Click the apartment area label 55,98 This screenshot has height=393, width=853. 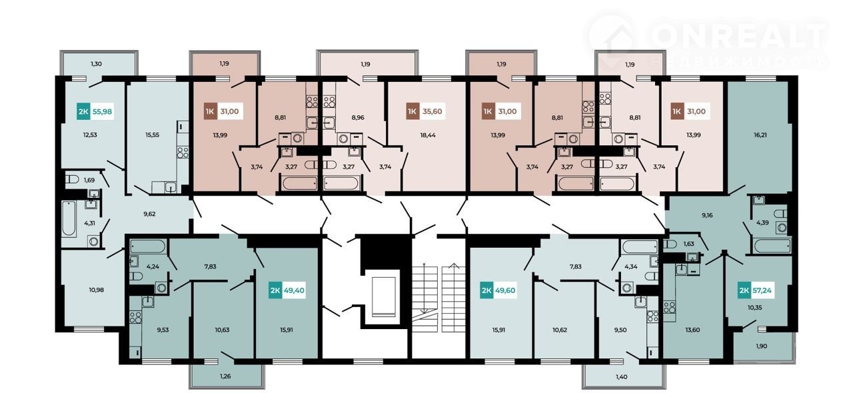click(102, 112)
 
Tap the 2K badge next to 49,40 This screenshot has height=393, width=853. click(275, 290)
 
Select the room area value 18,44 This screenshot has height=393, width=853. click(428, 135)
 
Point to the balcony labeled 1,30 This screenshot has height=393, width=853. click(99, 63)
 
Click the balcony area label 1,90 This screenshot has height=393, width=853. click(761, 346)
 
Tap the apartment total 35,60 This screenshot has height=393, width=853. click(432, 111)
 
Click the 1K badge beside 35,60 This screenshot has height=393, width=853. click(413, 111)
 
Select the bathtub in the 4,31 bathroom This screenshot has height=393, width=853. click(69, 218)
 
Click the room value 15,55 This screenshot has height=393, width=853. click(152, 135)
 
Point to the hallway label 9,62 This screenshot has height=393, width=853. click(149, 214)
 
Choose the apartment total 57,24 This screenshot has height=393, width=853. click(762, 290)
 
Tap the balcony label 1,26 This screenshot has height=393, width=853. click(225, 376)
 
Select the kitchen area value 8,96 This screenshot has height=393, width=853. click(358, 117)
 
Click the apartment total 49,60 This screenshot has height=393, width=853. click(505, 290)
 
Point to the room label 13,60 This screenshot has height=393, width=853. click(692, 330)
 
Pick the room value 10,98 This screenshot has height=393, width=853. click(97, 290)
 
